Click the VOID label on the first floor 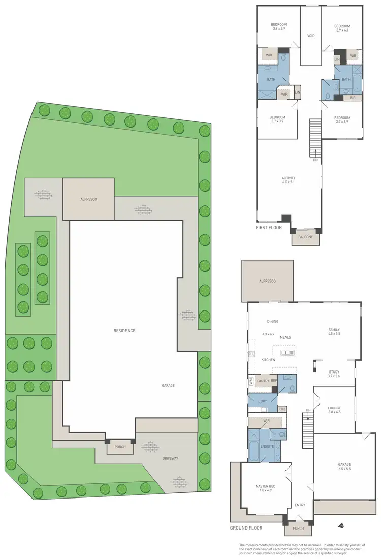pos(311,36)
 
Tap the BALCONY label pos(305,236)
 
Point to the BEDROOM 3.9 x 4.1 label pos(342,28)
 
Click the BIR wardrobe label pos(353,97)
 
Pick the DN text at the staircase pos(315,161)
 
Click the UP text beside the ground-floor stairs pos(307,410)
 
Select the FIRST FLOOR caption pos(269,228)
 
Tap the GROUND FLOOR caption pos(246,528)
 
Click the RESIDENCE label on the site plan pos(124,331)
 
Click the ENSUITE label pos(267,446)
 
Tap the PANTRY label pos(263,380)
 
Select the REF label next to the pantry pos(274,380)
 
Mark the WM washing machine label pos(250,380)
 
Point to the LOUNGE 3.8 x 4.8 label pos(334,410)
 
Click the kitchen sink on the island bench pos(288,352)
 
